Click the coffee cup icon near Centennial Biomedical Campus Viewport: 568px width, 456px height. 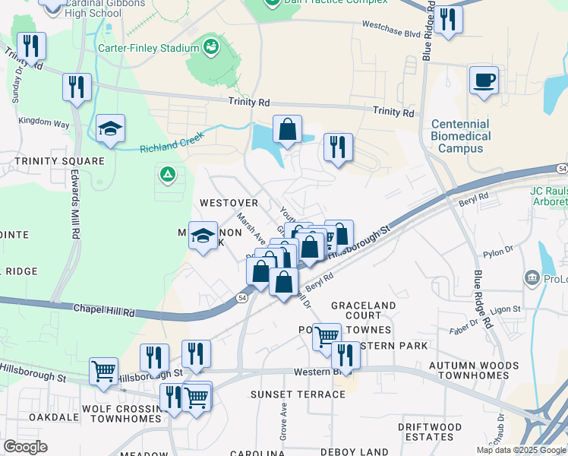pos(484,80)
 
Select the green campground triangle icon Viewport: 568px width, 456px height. pos(167,176)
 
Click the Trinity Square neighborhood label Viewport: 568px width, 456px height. pos(58,161)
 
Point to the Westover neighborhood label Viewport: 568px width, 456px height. pos(229,203)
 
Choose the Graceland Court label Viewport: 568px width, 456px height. pos(363,310)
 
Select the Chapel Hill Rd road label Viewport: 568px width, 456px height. pos(104,310)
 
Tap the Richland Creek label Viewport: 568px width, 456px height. pos(172,144)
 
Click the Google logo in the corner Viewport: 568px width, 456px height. pos(25,446)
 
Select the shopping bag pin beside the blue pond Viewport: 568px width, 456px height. pos(288,131)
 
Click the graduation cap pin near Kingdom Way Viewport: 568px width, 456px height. pos(111,131)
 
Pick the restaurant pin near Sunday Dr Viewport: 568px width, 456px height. pos(31,46)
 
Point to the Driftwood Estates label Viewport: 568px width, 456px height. pos(429,432)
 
